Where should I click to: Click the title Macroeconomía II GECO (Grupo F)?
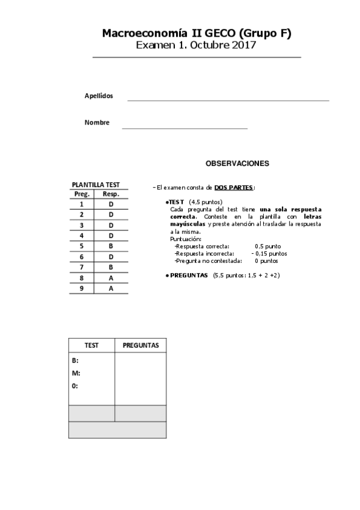point(197,34)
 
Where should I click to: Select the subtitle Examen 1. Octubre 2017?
point(197,45)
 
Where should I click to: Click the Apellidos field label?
point(99,96)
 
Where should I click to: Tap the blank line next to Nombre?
point(185,127)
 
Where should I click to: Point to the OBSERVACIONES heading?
point(237,163)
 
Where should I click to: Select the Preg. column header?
point(82,194)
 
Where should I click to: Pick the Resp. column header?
point(111,194)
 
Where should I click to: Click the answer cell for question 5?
point(111,246)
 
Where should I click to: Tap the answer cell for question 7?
point(111,267)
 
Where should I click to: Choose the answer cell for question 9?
point(111,289)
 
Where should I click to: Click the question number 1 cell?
point(81,204)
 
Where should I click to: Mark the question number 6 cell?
point(81,257)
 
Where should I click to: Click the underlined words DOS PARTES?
point(234,187)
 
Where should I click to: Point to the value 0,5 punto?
point(268,246)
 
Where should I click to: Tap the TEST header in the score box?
point(91,345)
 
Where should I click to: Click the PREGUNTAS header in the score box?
point(141,345)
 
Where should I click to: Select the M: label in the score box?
point(76,373)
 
